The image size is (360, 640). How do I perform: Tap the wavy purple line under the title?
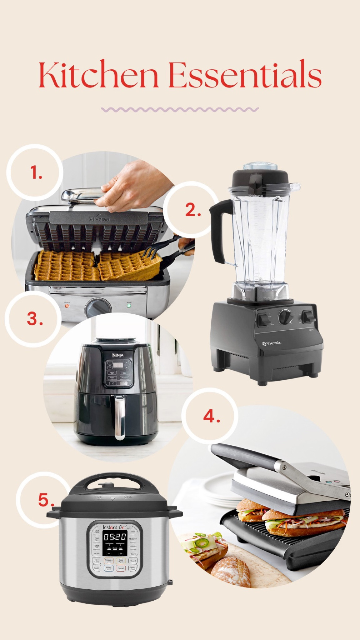pyautogui.click(x=180, y=109)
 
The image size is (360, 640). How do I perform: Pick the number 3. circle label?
pyautogui.click(x=34, y=319)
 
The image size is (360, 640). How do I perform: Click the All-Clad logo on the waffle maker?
pyautogui.click(x=99, y=219)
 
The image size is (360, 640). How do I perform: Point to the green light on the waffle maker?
pyautogui.click(x=128, y=306)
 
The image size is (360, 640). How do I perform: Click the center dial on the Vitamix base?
pyautogui.click(x=286, y=317)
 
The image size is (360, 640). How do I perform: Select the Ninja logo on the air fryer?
pyautogui.click(x=118, y=355)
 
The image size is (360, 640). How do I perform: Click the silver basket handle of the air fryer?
pyautogui.click(x=119, y=417)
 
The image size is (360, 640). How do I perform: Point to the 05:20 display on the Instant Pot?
pyautogui.click(x=115, y=537)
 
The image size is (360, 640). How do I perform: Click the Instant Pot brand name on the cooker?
pyautogui.click(x=114, y=527)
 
